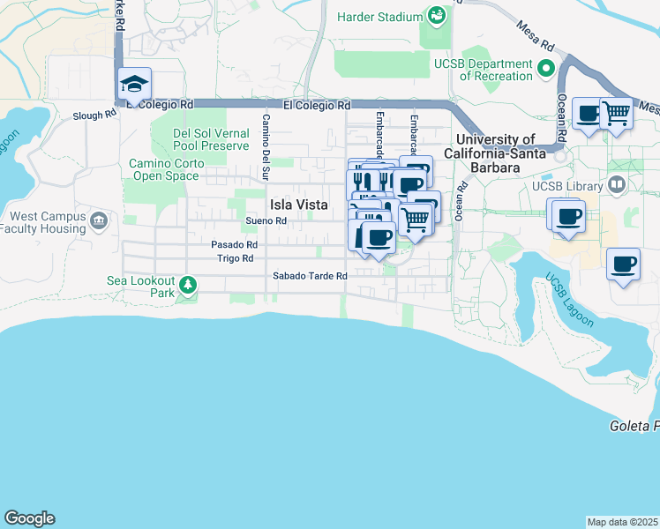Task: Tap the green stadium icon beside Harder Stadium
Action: (x=436, y=15)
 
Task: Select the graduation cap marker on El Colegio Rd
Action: (x=135, y=84)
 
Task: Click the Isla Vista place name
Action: (x=292, y=204)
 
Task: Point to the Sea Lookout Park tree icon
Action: (x=187, y=285)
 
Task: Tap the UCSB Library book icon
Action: (x=617, y=185)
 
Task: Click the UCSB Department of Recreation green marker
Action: (x=546, y=67)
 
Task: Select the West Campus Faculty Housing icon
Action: (x=98, y=219)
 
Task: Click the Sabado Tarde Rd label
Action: (x=309, y=276)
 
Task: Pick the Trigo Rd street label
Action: (x=235, y=258)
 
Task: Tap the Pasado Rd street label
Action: (x=234, y=244)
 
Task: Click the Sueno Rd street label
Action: (x=266, y=220)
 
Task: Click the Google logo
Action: (x=29, y=518)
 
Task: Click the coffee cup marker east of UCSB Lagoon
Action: (x=624, y=264)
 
